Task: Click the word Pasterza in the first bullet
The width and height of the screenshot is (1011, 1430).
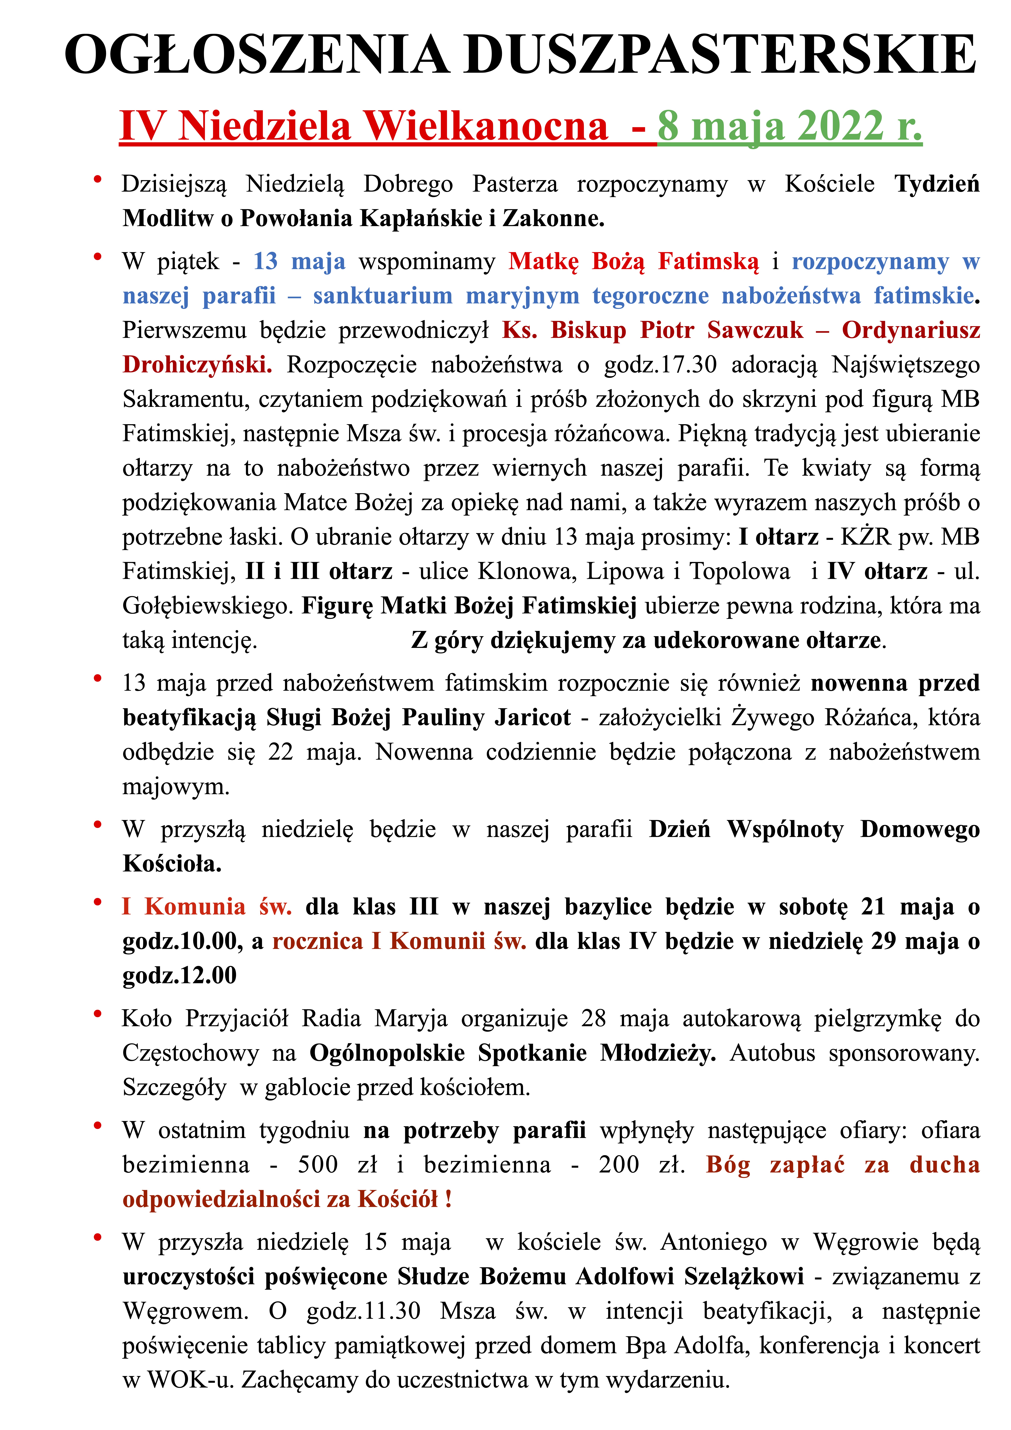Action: pyautogui.click(x=515, y=184)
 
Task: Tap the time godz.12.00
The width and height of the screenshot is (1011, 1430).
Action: pyautogui.click(x=179, y=975)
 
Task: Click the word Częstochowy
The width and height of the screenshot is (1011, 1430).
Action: pyautogui.click(x=190, y=1053)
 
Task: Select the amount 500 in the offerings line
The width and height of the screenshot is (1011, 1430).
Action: pyautogui.click(x=318, y=1165)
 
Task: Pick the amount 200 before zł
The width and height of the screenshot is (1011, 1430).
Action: pyautogui.click(x=619, y=1165)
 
